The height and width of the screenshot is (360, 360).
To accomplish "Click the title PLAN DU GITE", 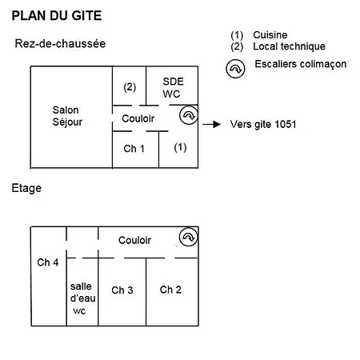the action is tap(57, 15).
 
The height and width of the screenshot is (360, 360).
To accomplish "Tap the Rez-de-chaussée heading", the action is tap(60, 43).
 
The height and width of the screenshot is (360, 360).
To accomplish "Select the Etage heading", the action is tap(26, 188).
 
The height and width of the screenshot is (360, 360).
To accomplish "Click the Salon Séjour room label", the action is tap(67, 116).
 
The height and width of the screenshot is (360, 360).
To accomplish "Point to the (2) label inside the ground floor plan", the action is tap(130, 87).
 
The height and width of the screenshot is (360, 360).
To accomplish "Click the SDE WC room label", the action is tap(173, 88).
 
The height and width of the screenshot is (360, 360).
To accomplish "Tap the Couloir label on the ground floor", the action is tap(138, 118).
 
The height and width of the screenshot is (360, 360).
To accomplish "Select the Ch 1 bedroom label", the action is tap(134, 149).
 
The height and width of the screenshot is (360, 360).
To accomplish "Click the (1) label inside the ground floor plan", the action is tap(180, 147).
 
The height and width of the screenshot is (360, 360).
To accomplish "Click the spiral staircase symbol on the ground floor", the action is tap(189, 115).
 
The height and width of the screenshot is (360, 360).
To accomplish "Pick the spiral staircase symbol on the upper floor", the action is tap(189, 237).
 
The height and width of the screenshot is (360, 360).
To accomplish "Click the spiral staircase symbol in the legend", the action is tap(235, 69).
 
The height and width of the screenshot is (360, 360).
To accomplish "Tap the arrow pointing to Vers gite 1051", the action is tap(211, 124).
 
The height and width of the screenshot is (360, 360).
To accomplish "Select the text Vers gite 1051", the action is tap(263, 124).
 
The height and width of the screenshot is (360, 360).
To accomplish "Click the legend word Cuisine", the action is tap(270, 35).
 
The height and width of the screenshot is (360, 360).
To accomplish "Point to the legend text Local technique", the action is tap(289, 46).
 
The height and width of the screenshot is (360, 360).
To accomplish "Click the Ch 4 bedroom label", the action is tap(48, 262).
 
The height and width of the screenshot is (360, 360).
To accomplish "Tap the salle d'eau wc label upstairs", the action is tap(82, 298).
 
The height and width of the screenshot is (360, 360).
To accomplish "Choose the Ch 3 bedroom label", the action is tap(122, 290).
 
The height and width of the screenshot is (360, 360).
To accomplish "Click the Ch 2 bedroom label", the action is tap(170, 290).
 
